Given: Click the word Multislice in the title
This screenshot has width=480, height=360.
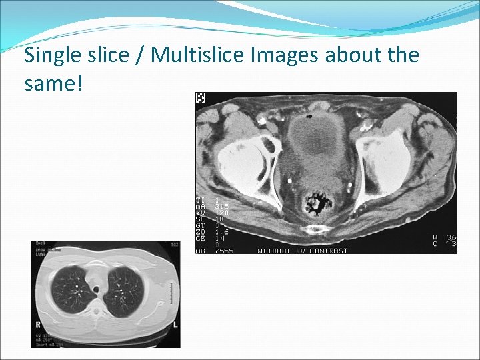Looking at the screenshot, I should coord(197,55).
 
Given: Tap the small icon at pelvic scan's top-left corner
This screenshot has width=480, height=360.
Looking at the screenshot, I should coord(200,98).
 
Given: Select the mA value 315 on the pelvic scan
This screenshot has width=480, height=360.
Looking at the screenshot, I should coord(221,206).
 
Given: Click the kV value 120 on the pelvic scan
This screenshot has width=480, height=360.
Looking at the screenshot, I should coord(221,212).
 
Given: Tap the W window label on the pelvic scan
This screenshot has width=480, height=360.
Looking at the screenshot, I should coord(435,236).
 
